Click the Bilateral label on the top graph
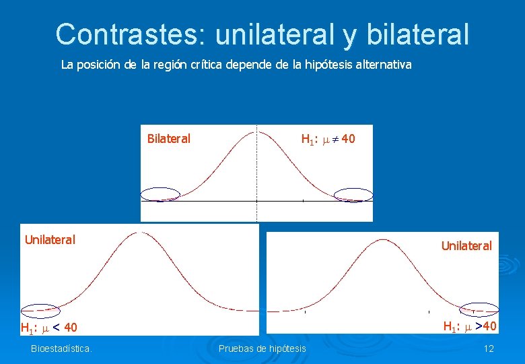pos(168,139)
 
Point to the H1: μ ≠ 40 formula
pos(328,140)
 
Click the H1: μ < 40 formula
pos(49,328)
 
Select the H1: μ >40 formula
pos(469,327)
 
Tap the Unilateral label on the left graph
pos(50,239)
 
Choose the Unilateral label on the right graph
pos(466,246)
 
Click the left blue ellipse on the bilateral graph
pos(160,194)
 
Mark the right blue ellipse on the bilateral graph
pos(353,194)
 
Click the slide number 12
pos(489,348)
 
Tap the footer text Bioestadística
pos(61,348)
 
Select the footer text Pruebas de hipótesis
pos(262,348)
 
